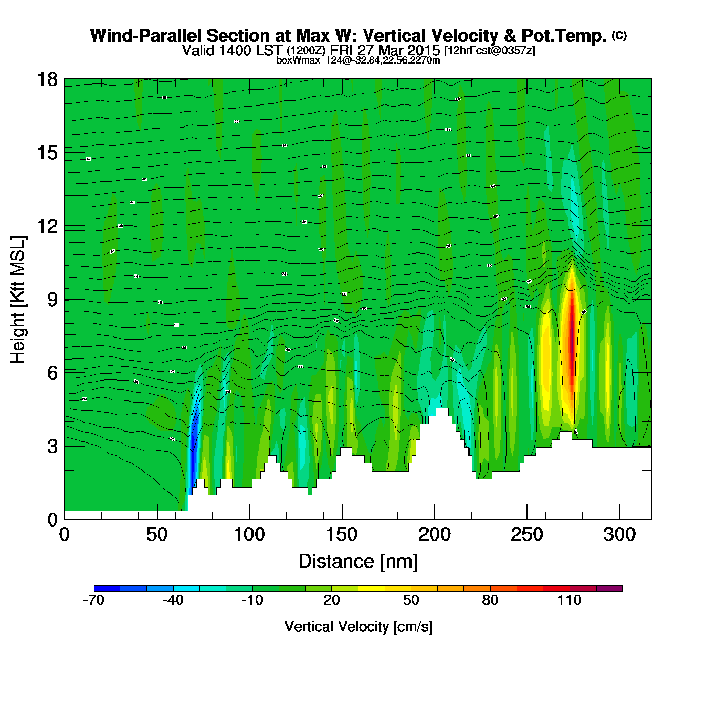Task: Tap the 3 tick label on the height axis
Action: pyautogui.click(x=52, y=447)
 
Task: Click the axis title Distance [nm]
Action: pyautogui.click(x=358, y=562)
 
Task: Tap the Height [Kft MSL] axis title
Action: pyautogui.click(x=18, y=300)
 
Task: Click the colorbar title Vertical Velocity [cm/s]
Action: pyautogui.click(x=358, y=627)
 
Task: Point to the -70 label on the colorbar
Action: pyautogui.click(x=94, y=600)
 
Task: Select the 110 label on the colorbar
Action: pyautogui.click(x=570, y=600)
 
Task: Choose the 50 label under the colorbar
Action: pyautogui.click(x=411, y=600)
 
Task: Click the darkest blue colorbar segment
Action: pyautogui.click(x=107, y=588)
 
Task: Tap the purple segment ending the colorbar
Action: pyautogui.click(x=609, y=588)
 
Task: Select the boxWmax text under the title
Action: pyautogui.click(x=358, y=60)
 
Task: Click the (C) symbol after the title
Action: pyautogui.click(x=619, y=35)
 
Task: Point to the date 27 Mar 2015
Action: pyautogui.click(x=398, y=50)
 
